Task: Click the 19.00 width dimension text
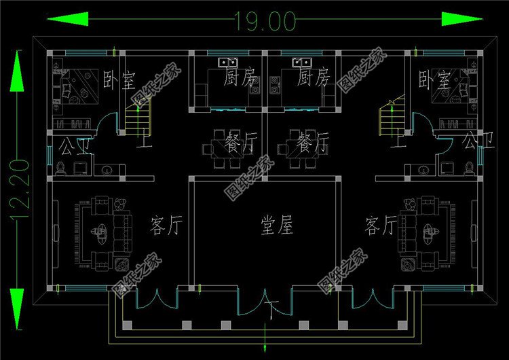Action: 265,21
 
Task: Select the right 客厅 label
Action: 381,226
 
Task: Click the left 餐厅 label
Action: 241,144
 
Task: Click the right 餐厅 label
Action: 313,144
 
